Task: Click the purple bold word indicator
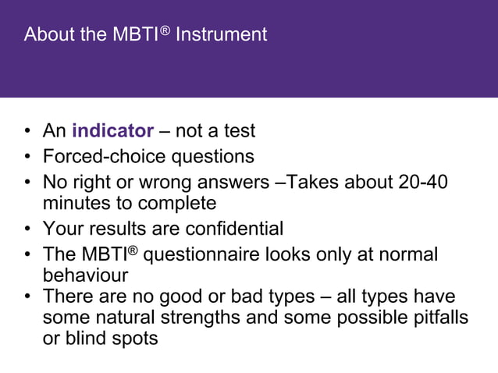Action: point(112,130)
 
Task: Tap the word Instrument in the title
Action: point(222,34)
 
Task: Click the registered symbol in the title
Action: point(165,30)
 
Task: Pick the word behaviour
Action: point(85,276)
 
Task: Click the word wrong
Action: point(157,182)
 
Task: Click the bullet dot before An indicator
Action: point(27,131)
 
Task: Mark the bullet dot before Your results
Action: point(27,229)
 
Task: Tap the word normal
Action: point(405,254)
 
